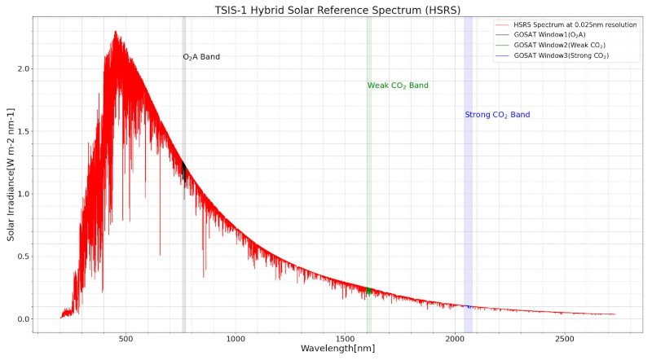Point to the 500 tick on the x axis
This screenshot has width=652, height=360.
point(126,338)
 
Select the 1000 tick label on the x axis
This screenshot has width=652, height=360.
point(236,338)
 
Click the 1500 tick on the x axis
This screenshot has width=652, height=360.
point(346,338)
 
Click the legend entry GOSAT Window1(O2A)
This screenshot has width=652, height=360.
point(554,35)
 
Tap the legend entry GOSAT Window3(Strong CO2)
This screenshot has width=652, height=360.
point(562,55)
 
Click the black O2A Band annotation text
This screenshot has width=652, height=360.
point(201,57)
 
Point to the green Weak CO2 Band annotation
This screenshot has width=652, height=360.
point(398,86)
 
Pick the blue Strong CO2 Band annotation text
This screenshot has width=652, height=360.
point(497,115)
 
